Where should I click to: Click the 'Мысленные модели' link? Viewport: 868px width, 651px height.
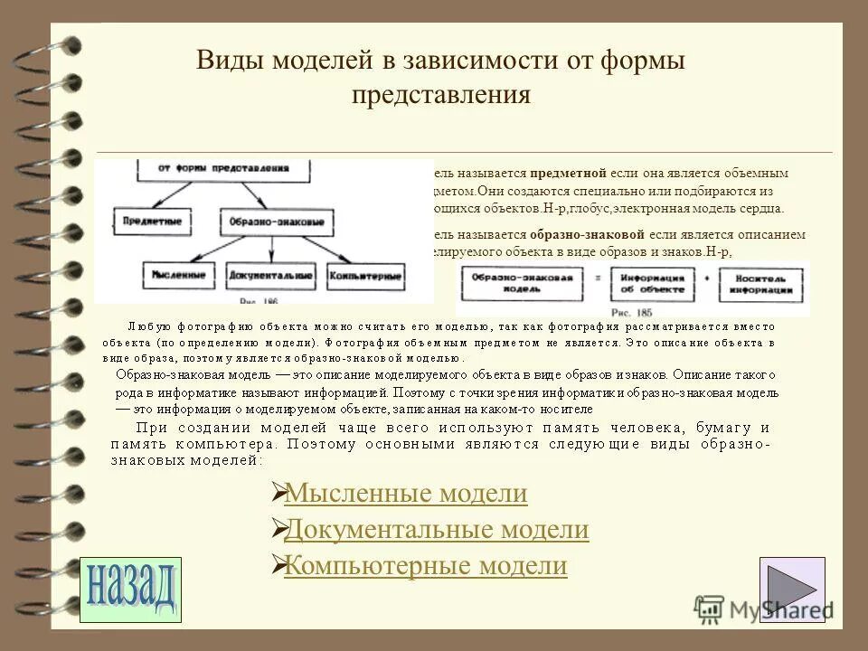(x=405, y=494)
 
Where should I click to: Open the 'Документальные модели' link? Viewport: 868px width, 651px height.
(x=436, y=530)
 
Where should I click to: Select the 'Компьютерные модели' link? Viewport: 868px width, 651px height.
(x=425, y=566)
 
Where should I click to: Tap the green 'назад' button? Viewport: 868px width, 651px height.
(x=130, y=590)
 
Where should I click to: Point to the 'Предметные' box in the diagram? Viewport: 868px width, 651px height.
(x=152, y=220)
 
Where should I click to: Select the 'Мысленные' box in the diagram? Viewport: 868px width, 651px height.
(x=178, y=273)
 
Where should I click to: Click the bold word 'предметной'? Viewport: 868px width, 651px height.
(x=561, y=173)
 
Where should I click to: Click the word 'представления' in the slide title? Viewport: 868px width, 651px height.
(x=440, y=95)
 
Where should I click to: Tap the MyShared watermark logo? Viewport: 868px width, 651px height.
(x=759, y=608)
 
